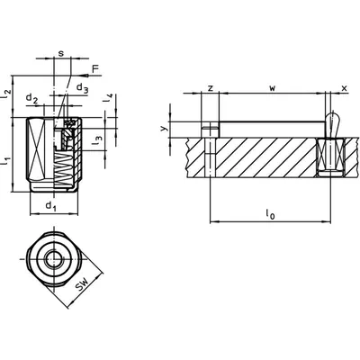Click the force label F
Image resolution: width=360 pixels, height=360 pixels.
pos(95,69)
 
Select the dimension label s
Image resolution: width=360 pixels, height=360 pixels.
pos(61,54)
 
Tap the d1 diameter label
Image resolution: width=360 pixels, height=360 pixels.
pos(51,206)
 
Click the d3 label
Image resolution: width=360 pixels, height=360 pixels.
pos(83,88)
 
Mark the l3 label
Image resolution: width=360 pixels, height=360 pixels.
pos(97,140)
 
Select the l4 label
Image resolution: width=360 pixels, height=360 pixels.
pos(108,98)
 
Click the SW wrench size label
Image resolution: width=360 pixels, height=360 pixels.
pos(83,284)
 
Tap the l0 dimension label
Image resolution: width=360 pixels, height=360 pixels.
pos(270,214)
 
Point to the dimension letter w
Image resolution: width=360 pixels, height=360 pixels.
pos(272,88)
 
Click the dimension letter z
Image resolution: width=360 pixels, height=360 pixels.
pos(211,88)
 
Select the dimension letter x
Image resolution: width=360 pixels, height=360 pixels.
pos(345,88)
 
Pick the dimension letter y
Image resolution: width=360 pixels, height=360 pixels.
pos(163,129)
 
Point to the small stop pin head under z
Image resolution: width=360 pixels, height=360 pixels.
pos(210,130)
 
